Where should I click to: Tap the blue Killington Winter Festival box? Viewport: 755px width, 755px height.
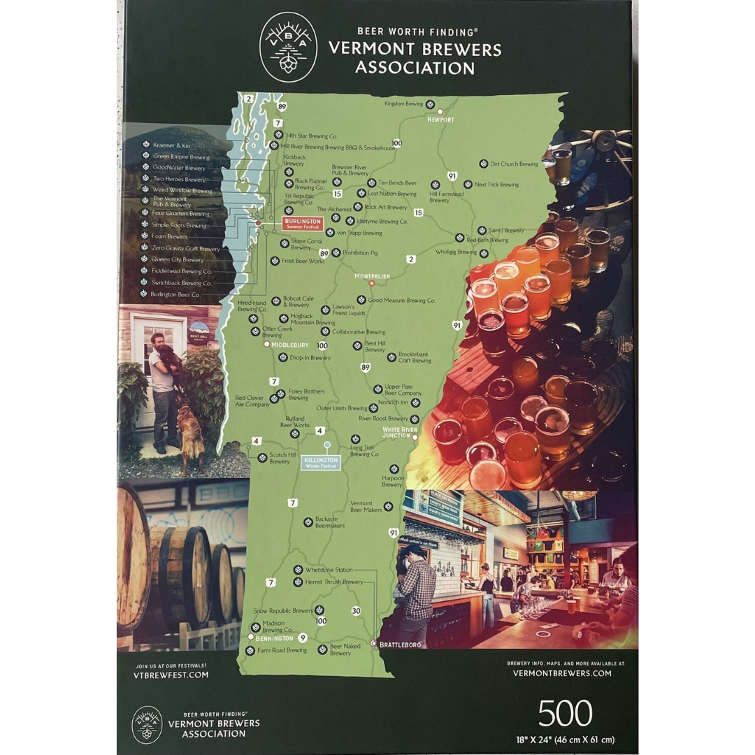[322, 463]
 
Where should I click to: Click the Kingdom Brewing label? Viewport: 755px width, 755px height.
[404, 104]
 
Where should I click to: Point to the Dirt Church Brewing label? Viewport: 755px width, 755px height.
[514, 164]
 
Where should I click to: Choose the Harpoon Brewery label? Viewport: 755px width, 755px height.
[392, 481]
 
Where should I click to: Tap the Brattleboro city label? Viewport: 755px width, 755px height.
[399, 645]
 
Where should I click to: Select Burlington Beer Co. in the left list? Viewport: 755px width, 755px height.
[175, 294]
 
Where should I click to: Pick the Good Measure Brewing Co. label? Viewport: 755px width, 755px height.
[401, 301]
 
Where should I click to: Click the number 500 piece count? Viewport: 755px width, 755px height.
[565, 714]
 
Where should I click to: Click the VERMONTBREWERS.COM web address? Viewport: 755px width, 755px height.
[562, 673]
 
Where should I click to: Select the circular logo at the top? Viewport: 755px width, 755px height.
[288, 48]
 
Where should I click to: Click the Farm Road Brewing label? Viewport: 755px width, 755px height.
[282, 650]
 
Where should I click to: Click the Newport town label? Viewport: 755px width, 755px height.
[440, 120]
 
